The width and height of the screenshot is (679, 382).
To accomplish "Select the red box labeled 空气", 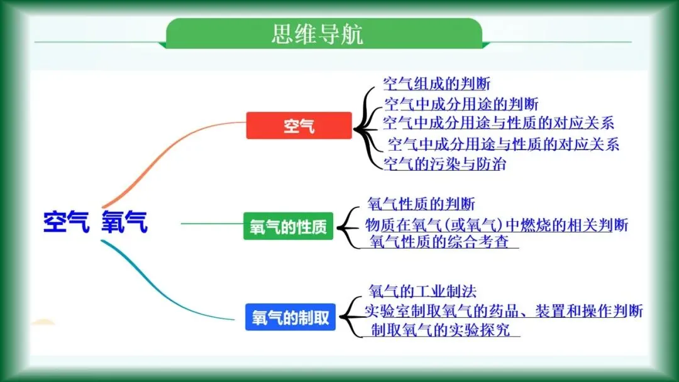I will [x=299, y=126].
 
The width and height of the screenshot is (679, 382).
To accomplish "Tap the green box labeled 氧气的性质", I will [x=288, y=227].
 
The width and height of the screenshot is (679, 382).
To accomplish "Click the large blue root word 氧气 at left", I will [x=124, y=222].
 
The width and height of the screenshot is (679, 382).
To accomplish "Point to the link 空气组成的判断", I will [x=436, y=84].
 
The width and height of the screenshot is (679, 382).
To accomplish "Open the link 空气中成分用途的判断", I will [x=460, y=104].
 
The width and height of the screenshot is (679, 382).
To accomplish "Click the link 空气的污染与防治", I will [x=444, y=164].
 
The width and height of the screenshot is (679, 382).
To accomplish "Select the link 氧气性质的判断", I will [x=421, y=204].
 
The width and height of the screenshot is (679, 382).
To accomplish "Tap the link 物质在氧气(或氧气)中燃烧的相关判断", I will [x=497, y=224].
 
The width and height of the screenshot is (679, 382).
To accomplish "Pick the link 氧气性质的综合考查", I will [x=439, y=241].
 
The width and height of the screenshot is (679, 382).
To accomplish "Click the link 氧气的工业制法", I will [x=422, y=291].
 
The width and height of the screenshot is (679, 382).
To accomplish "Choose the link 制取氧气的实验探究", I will [x=440, y=330].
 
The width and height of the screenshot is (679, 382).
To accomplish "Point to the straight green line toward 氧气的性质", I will [x=211, y=223].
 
